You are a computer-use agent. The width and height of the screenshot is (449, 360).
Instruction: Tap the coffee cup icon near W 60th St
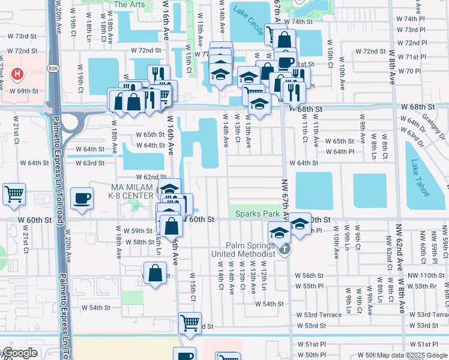coord(82,197)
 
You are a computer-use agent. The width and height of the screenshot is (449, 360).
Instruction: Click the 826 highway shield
coord(54,62)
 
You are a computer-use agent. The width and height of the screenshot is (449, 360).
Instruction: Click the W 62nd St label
coord(151,177)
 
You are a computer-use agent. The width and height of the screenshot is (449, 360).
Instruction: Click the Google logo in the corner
coord(19,353)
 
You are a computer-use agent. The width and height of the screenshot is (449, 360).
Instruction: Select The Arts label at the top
coord(129,4)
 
